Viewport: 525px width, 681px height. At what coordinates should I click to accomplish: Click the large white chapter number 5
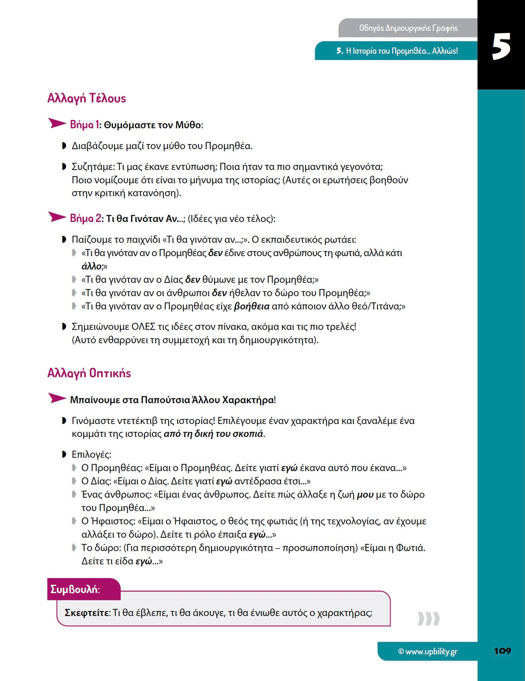(501, 47)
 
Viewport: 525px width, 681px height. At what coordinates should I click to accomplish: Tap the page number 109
(502, 651)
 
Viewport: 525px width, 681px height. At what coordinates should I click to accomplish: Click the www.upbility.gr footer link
(427, 651)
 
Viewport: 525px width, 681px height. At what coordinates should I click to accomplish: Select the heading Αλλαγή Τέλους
(86, 98)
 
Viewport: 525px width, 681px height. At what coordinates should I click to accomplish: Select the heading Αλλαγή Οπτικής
(89, 373)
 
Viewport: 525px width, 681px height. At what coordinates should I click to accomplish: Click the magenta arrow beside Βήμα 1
(57, 124)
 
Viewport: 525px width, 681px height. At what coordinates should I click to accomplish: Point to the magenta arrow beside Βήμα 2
(57, 217)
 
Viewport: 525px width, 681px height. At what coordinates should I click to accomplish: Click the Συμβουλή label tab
(75, 589)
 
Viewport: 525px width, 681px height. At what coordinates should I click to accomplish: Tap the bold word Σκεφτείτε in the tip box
(87, 613)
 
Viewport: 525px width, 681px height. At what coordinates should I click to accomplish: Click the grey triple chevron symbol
(428, 619)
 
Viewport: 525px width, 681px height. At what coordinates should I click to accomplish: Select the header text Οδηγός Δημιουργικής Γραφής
(408, 28)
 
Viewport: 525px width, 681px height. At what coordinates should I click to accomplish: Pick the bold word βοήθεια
(252, 306)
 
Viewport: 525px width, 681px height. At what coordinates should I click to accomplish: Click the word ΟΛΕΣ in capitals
(144, 327)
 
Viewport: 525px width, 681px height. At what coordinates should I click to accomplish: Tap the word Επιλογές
(91, 454)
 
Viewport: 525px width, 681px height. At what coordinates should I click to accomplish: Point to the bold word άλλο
(92, 266)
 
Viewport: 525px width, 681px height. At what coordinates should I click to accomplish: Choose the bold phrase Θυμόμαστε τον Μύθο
(152, 125)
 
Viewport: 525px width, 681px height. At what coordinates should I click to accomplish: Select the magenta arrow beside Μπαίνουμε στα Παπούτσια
(57, 398)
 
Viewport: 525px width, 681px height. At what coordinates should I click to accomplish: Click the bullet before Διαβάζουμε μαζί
(64, 146)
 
